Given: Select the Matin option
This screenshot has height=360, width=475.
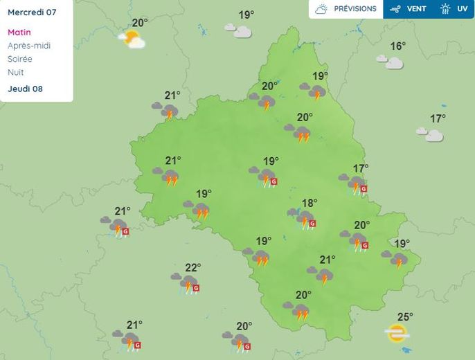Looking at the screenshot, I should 19,33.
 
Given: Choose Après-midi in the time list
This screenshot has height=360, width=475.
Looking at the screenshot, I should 29,46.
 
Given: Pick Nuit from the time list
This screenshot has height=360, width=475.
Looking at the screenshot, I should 16,72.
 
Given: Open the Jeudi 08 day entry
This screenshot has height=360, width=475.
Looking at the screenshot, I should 25,89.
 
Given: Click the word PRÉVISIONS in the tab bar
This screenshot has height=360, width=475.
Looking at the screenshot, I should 355,9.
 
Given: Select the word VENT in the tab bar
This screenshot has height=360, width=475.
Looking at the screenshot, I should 416,9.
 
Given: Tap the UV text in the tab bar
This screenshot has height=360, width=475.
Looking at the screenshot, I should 462,9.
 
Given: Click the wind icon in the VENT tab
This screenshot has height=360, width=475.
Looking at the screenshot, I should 395,9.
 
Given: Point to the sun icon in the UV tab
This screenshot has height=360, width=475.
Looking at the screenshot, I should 445,9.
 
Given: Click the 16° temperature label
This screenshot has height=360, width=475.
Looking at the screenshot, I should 397,46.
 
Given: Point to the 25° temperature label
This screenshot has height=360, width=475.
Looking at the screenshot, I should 405,317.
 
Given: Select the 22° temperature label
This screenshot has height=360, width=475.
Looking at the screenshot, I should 192,267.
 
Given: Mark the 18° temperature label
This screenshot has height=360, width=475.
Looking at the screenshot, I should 309,203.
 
